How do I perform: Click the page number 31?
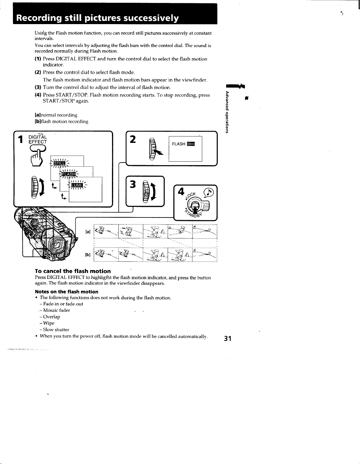tap(228, 339)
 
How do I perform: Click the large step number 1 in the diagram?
tap(21, 139)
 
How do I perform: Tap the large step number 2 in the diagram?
tap(133, 139)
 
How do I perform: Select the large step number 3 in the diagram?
tap(133, 184)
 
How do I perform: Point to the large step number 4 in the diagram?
tap(181, 192)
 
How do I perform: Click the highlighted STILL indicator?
tap(59, 163)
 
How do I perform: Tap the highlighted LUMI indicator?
tap(77, 185)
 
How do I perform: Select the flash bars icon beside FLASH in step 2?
tap(191, 144)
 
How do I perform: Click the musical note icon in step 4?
tap(208, 193)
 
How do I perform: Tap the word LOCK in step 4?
tap(191, 195)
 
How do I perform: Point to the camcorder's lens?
tap(58, 245)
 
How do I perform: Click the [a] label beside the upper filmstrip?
tap(88, 232)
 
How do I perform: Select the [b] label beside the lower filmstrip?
tap(88, 254)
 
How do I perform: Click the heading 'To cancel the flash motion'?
tap(73, 271)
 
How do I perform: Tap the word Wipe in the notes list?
tap(49, 323)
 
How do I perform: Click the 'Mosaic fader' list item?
tap(57, 310)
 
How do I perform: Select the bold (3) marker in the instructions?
tap(38, 87)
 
